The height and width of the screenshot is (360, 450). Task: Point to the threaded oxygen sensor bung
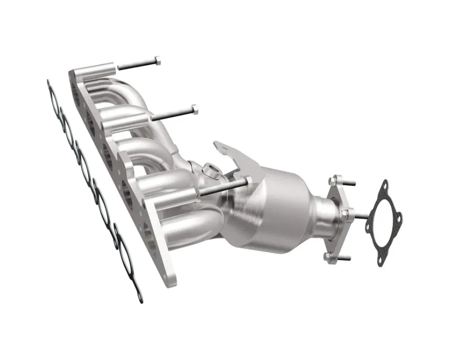click(x=211, y=171)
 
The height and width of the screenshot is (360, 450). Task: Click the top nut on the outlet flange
click(x=333, y=180)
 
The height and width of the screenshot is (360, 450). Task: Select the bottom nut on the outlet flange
click(x=327, y=256)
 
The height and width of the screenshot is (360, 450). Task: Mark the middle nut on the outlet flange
click(x=345, y=212)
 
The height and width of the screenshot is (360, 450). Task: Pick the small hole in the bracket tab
click(x=220, y=145)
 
